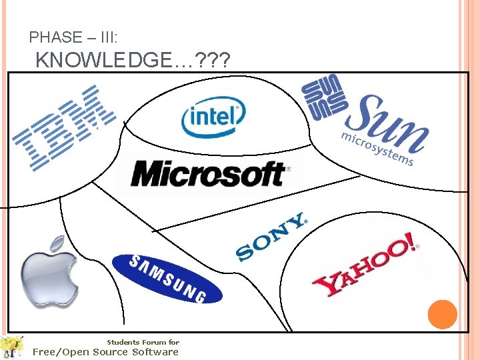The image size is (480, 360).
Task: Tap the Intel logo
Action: pyautogui.click(x=213, y=118)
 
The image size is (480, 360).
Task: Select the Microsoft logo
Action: pyautogui.click(x=209, y=174)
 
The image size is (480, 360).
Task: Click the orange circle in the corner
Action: pyautogui.click(x=442, y=314)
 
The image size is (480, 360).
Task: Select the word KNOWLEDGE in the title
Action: pyautogui.click(x=105, y=61)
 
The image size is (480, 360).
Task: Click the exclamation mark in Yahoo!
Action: pyautogui.click(x=407, y=244)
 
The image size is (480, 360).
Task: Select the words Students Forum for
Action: pyautogui.click(x=143, y=342)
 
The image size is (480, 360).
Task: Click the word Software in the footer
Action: pyautogui.click(x=155, y=351)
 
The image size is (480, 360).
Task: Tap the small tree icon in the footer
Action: pyautogui.click(x=11, y=346)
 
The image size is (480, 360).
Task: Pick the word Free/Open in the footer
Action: pyautogui.click(x=61, y=351)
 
